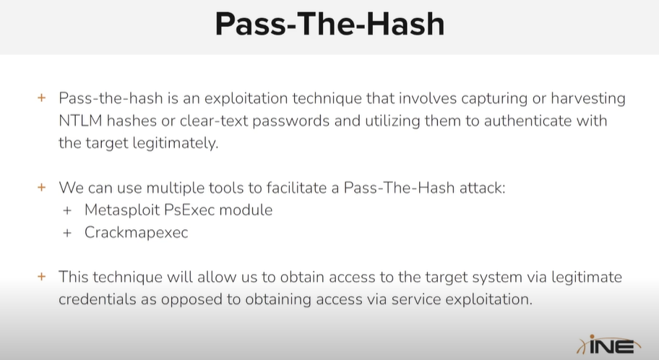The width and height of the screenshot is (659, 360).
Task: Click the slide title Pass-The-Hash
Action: [x=330, y=24]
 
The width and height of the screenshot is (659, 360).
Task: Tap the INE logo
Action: [x=609, y=346]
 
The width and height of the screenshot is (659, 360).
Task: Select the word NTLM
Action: [x=80, y=121]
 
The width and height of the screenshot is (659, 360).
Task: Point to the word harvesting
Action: [x=588, y=99]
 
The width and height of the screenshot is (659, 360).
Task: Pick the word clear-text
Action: [x=214, y=121]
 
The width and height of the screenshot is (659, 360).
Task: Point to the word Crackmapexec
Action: [x=136, y=233]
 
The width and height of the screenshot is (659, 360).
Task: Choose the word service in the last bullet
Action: [x=416, y=299]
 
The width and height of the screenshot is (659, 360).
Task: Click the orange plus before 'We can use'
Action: [x=42, y=187]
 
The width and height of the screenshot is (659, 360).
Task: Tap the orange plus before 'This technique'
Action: [x=42, y=277]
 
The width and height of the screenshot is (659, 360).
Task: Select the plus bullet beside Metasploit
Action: [x=67, y=210]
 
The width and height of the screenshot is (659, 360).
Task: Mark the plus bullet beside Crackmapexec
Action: [x=67, y=233]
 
